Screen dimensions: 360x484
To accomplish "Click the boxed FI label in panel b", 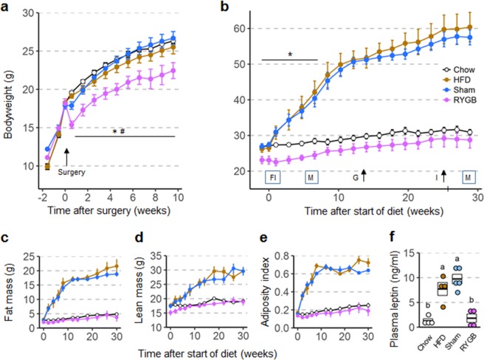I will [x=272, y=177].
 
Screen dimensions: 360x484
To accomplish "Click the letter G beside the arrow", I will [x=355, y=177].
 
